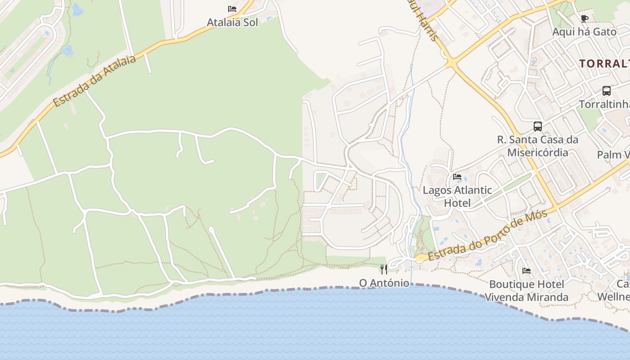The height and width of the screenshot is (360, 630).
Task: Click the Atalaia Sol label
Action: (x=232, y=22)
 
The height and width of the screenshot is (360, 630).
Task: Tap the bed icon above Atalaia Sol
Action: (x=232, y=9)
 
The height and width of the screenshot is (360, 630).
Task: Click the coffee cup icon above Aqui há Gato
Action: (x=584, y=18)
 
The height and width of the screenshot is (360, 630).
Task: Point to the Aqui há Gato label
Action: (x=584, y=32)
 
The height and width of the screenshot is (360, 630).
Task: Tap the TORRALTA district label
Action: (x=604, y=63)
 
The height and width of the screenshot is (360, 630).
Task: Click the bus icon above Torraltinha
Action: (x=607, y=91)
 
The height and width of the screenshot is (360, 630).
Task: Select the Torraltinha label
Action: (x=604, y=104)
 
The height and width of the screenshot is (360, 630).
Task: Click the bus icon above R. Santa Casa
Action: (x=538, y=126)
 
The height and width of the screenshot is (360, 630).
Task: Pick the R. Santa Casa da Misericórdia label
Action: (x=538, y=146)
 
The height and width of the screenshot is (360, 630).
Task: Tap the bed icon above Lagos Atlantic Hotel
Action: (x=457, y=176)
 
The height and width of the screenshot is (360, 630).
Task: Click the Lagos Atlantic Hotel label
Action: (x=457, y=196)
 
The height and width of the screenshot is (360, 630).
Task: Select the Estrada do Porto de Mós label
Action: (x=488, y=236)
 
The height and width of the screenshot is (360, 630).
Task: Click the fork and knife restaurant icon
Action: (x=384, y=270)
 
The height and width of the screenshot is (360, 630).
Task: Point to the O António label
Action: (x=384, y=283)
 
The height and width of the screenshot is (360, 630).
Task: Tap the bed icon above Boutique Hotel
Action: (x=526, y=271)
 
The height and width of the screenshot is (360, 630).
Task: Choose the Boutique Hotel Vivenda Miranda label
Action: (x=526, y=291)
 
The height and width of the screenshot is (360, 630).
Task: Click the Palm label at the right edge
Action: (x=613, y=155)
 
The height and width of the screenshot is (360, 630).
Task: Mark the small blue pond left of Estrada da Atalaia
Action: (x=67, y=50)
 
